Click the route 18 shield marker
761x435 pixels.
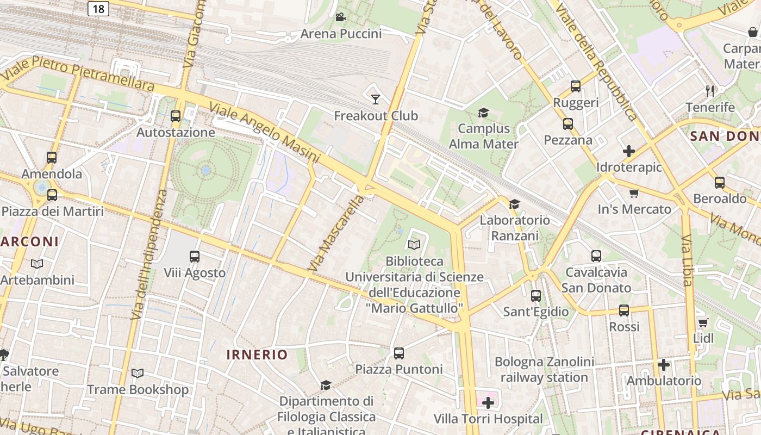[x=98, y=8]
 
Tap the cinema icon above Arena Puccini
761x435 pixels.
[x=341, y=17]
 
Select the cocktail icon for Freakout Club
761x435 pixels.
[x=375, y=99]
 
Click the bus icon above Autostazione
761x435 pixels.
[x=175, y=116]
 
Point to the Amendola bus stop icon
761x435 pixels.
[x=52, y=158]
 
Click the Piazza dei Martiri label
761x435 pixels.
[x=53, y=211]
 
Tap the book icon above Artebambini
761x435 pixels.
[x=37, y=264]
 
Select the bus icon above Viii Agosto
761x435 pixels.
[x=194, y=256]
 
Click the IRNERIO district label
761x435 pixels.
[x=257, y=355]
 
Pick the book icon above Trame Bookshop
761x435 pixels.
[x=138, y=374]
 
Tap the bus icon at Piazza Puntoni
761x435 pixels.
[x=399, y=353]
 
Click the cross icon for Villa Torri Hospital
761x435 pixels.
[x=488, y=403]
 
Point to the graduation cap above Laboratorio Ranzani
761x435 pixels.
[x=514, y=204]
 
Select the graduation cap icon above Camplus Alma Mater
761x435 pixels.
[x=483, y=113]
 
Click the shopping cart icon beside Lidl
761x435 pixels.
[x=703, y=322]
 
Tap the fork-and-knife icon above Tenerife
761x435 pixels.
[x=710, y=91]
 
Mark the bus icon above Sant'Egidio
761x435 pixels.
[x=535, y=296]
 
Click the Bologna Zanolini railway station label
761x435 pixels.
[x=544, y=369]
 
